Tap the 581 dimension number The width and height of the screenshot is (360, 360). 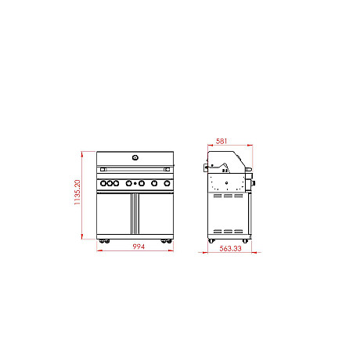[x=222, y=140]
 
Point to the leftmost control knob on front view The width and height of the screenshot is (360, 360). [x=102, y=183]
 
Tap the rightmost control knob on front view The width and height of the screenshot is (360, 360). [x=166, y=183]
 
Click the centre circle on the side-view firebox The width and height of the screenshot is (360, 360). [x=228, y=183]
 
